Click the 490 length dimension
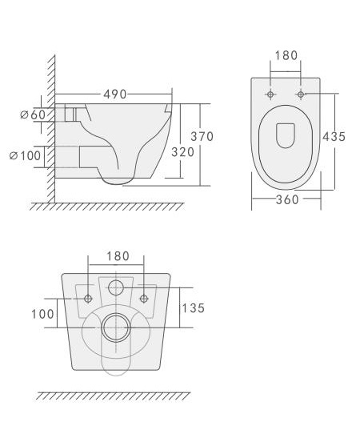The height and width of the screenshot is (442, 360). point(115,94)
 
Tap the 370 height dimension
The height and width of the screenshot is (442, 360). point(202,136)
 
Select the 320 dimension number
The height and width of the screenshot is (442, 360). point(183,152)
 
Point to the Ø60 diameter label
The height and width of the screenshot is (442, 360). point(33,115)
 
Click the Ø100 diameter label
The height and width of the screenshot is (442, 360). point(25,155)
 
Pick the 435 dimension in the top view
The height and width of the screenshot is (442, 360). point(334,137)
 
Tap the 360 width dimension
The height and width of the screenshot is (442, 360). point(287,199)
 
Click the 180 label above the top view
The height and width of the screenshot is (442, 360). point(286,55)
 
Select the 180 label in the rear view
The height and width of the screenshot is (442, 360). point(118,256)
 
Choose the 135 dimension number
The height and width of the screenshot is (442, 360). point(193,308)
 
